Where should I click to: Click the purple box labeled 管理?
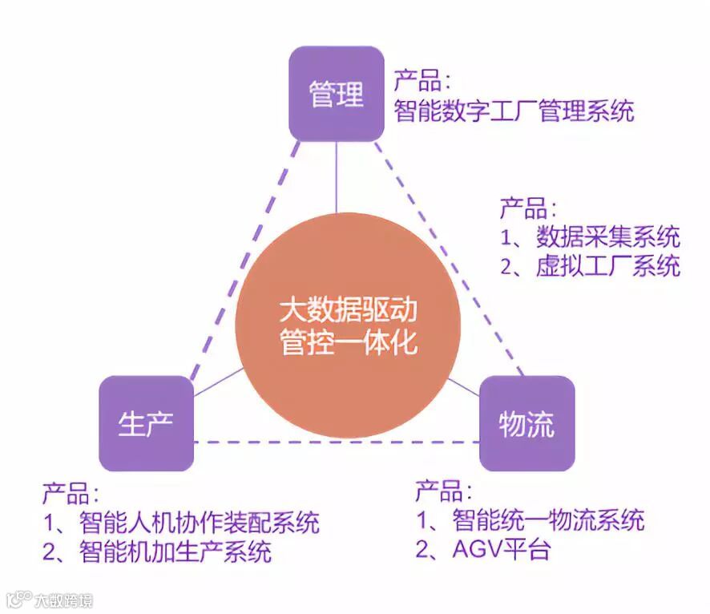click(x=336, y=94)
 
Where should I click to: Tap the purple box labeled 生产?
click(x=146, y=423)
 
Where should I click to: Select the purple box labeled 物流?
click(x=526, y=423)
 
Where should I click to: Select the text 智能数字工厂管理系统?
click(x=514, y=110)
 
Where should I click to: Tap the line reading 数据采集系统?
click(x=607, y=236)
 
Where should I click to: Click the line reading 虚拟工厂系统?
click(x=607, y=265)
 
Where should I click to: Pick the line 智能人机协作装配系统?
click(x=200, y=522)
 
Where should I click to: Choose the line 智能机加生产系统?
click(x=175, y=551)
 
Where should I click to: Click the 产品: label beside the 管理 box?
click(x=422, y=80)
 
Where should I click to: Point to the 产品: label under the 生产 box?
click(x=71, y=493)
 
